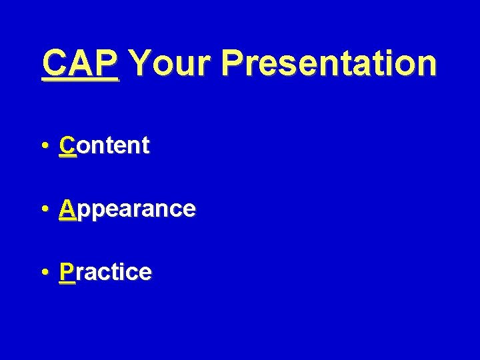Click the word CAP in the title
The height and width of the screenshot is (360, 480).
point(80,63)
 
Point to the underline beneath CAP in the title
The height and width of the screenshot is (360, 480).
point(80,81)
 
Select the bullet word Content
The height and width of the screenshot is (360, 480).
point(105,145)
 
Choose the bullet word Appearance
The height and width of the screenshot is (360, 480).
point(127,209)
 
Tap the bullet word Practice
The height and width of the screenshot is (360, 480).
point(105,272)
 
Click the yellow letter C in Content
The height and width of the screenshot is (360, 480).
point(67,145)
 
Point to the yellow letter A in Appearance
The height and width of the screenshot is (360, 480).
point(67,209)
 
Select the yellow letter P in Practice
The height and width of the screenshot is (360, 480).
point(67,272)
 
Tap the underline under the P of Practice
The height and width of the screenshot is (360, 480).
point(67,284)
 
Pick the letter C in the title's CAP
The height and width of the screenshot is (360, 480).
point(55,63)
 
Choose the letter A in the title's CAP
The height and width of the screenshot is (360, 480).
point(81,63)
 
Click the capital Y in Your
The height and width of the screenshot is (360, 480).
point(141,63)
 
